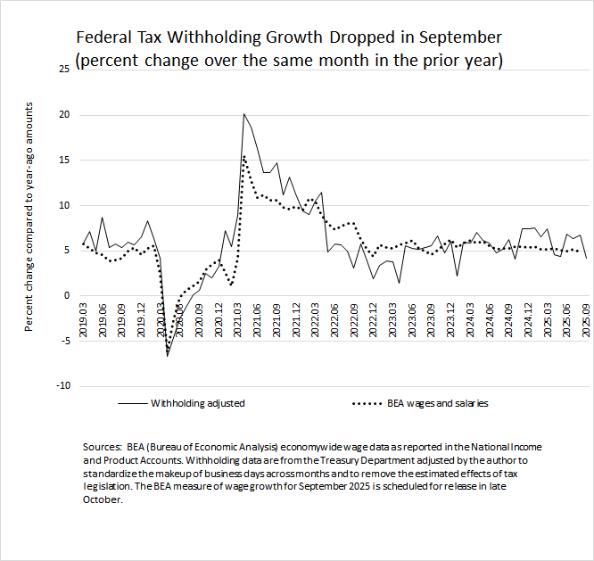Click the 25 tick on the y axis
[62, 69]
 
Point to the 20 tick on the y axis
[62, 114]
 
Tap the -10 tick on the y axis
[61, 385]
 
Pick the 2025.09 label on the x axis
[585, 318]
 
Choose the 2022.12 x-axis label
[371, 318]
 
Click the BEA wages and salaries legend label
[437, 403]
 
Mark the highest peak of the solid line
[243, 114]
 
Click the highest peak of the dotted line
[244, 156]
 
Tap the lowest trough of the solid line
[167, 356]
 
